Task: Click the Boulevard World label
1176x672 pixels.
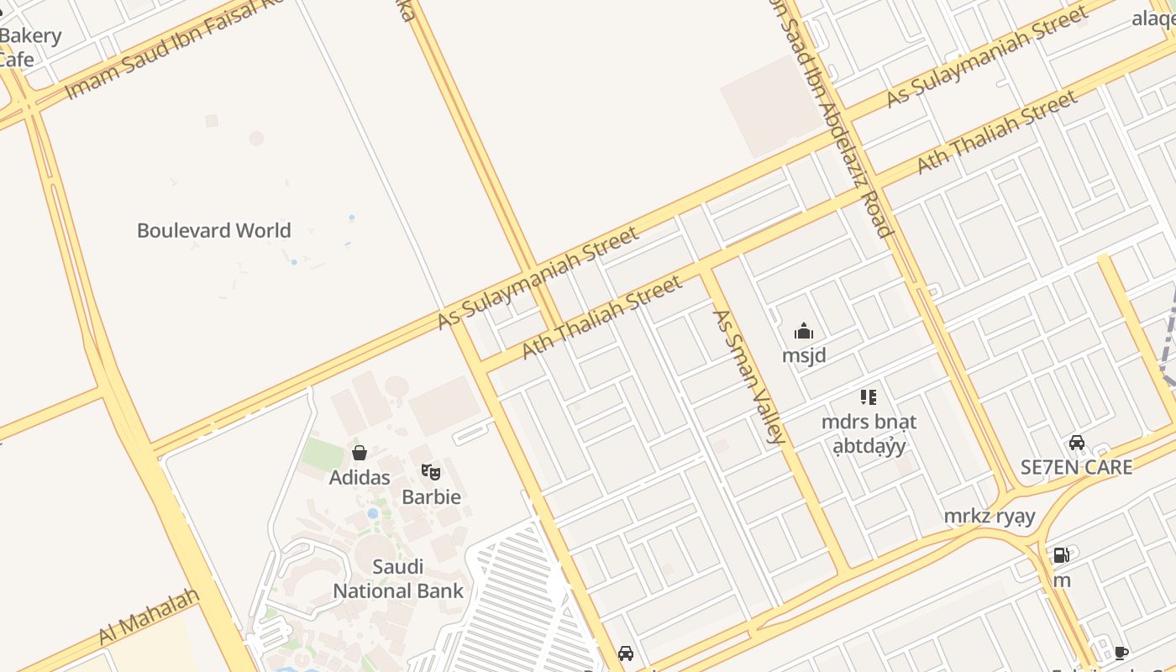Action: point(213,230)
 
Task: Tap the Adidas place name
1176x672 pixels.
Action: point(360,477)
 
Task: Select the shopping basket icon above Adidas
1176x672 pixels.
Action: point(360,454)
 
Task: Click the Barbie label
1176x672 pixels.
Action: point(431,496)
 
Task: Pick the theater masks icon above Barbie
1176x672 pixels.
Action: point(431,472)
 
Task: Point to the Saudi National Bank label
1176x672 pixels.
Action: point(398,579)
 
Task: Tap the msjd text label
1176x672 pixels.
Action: point(804,355)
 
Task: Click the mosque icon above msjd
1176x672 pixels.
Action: point(804,331)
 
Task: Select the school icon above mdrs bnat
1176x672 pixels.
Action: point(869,396)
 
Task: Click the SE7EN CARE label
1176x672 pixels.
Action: point(1076,467)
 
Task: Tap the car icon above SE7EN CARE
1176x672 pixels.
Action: point(1076,443)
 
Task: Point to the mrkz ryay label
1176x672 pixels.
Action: point(990,516)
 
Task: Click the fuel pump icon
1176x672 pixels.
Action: point(1062,555)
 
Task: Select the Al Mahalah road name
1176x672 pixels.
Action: point(150,617)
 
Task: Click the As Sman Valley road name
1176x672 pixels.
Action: point(748,376)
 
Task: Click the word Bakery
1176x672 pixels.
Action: point(31,36)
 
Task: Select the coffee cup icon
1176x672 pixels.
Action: point(1121,653)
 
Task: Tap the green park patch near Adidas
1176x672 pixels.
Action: point(323,454)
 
